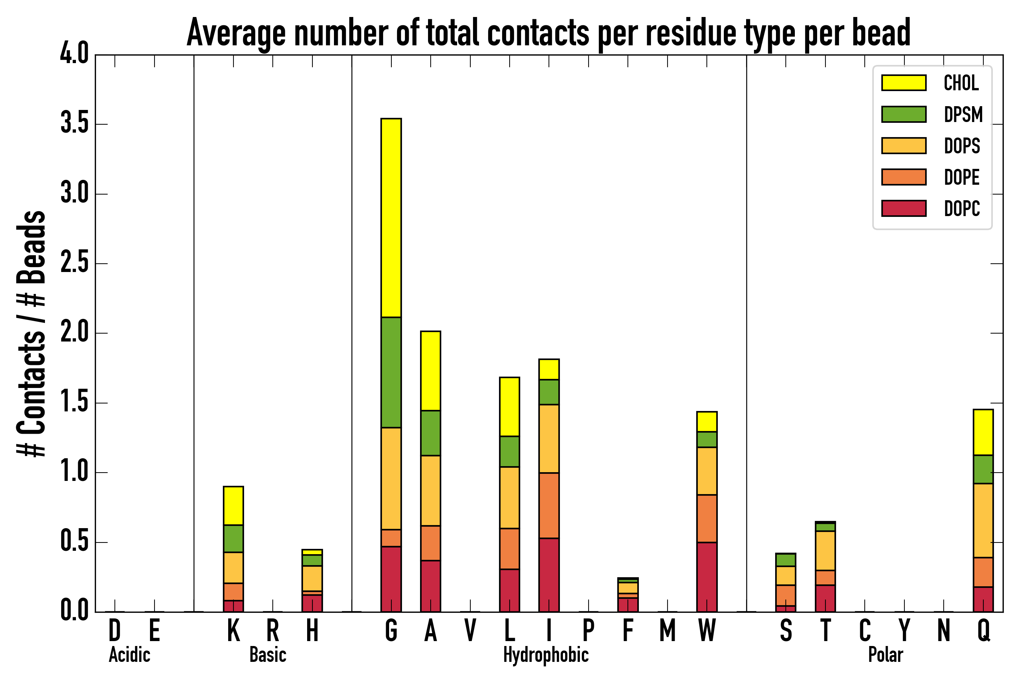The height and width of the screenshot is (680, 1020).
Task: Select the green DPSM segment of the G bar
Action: point(391,372)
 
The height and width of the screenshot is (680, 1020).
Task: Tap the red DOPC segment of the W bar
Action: point(706,577)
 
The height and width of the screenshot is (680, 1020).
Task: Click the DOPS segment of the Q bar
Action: point(983,521)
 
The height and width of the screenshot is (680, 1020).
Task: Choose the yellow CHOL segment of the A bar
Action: point(430,371)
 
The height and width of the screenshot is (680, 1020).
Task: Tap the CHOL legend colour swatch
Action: point(904,83)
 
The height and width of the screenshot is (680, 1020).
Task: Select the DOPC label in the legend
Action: point(962,209)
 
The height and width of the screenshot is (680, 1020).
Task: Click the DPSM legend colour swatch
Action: point(904,114)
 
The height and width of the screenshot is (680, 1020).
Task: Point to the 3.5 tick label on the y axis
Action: point(74,124)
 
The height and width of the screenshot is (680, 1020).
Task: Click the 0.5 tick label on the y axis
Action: point(74,542)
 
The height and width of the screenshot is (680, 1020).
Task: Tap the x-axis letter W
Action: point(707,631)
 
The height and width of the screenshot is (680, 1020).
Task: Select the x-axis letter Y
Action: point(904,631)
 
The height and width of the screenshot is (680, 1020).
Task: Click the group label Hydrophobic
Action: point(546,655)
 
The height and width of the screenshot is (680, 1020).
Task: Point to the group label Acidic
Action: point(129,655)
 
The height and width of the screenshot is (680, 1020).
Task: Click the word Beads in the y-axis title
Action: point(31,247)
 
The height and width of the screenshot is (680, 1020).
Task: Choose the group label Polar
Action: point(886,655)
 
